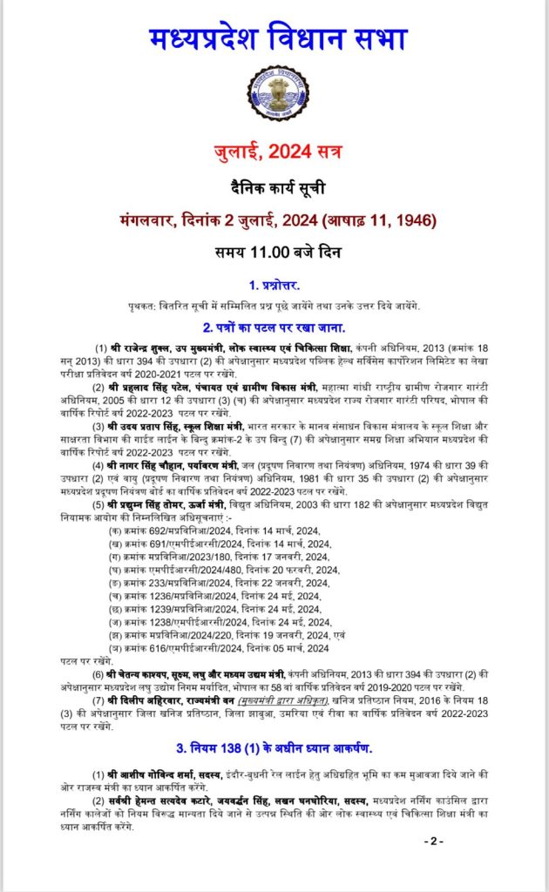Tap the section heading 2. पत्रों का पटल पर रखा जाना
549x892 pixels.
click(x=274, y=328)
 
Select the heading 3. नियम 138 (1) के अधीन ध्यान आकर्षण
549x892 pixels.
click(x=274, y=747)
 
